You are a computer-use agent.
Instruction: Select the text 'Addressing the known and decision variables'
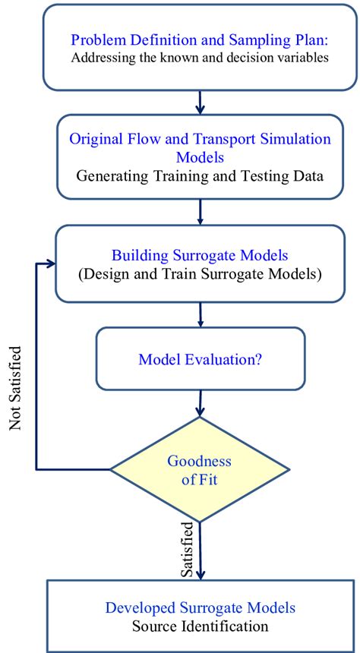tap(201, 58)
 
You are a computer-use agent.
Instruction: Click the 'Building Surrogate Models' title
tap(200, 254)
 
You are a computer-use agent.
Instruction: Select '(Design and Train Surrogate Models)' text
tap(200, 273)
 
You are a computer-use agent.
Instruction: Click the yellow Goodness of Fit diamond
tap(200, 470)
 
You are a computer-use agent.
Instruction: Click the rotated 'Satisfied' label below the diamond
tap(185, 548)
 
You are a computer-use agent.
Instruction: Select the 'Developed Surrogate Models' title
tap(200, 607)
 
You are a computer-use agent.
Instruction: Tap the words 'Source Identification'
tap(200, 626)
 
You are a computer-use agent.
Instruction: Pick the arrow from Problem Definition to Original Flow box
tap(200, 101)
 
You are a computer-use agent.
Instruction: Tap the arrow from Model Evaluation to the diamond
tap(200, 402)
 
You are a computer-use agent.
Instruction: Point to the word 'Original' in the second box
tap(95, 138)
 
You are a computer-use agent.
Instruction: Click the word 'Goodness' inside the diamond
tap(200, 461)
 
